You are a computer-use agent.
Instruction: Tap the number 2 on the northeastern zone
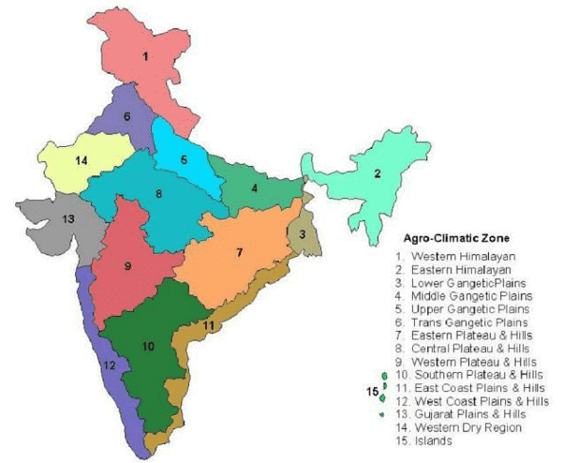pos(377,172)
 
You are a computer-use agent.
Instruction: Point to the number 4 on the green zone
pos(254,188)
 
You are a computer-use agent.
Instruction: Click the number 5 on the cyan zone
pos(184,159)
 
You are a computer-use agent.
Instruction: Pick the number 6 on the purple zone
pos(126,116)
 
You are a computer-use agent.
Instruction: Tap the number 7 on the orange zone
pos(239,253)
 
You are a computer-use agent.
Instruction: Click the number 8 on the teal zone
pos(158,194)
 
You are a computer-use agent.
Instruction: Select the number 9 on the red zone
pos(127,266)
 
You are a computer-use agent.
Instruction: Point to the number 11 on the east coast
pos(209,324)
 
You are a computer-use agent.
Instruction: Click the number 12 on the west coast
pos(110,366)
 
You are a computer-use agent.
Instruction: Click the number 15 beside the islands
pos(372,391)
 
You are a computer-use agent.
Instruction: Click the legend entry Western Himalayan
pos(460,256)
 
